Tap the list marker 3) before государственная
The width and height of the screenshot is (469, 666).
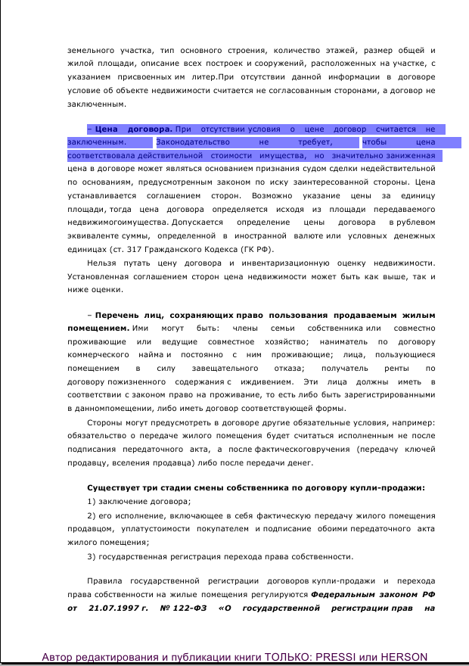point(92,556)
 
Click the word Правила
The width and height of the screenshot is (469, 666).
point(104,581)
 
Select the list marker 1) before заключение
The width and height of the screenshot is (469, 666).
point(92,501)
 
